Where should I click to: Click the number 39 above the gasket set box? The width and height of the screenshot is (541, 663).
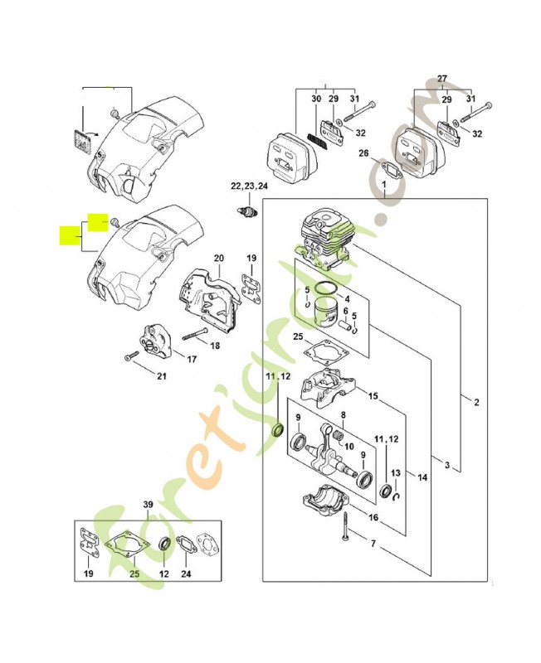[148, 506]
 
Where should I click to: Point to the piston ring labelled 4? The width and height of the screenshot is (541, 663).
[324, 293]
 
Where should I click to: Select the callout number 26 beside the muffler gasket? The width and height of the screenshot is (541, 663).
[363, 152]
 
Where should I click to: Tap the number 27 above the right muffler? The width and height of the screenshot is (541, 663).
[441, 79]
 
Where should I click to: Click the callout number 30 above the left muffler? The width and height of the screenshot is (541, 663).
[316, 99]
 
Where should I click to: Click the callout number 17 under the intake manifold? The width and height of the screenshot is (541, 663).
[191, 359]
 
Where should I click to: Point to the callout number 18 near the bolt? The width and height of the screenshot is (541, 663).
[215, 346]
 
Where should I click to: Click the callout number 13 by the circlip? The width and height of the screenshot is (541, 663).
[397, 472]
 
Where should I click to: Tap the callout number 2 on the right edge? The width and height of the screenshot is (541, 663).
[476, 403]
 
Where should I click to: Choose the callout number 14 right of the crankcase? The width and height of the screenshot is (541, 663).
[422, 477]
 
